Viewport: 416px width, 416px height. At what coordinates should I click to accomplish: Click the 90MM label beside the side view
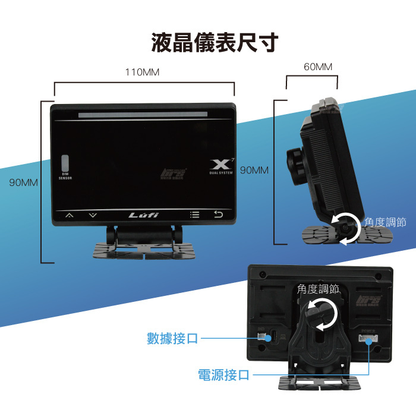point(254,171)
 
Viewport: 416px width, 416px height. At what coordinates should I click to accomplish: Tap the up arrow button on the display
point(70,215)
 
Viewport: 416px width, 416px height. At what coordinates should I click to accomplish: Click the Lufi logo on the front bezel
point(144,215)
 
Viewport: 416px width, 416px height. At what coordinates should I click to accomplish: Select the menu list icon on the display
point(194,215)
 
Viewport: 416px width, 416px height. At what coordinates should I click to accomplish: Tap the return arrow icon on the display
point(219,215)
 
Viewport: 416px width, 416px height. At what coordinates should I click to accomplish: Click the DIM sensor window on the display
point(65,164)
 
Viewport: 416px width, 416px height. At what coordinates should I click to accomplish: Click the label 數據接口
point(172,339)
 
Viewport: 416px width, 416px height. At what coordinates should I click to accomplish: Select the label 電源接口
point(223,375)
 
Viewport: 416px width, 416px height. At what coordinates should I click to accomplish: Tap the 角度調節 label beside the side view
point(385,222)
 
